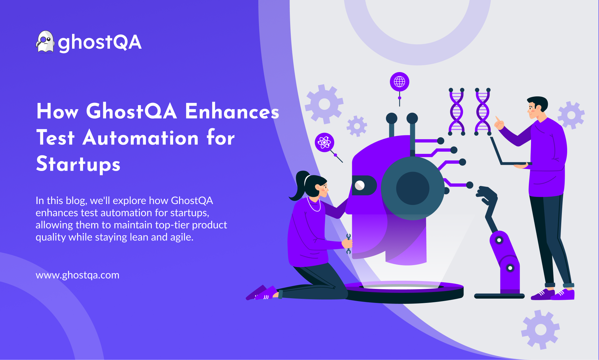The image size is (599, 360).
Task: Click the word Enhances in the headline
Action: (x=232, y=111)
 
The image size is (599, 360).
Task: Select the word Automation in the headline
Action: (x=141, y=138)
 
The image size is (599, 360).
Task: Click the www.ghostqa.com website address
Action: (x=77, y=275)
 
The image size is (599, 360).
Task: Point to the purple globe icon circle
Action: (x=399, y=82)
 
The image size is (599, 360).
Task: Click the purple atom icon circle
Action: (x=324, y=143)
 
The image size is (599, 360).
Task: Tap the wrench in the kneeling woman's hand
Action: (x=348, y=244)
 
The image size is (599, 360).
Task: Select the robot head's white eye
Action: (x=360, y=185)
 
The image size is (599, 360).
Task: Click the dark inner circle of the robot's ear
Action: (x=412, y=188)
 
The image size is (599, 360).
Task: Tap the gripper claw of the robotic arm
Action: (x=486, y=195)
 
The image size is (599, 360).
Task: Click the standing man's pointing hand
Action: (x=499, y=124)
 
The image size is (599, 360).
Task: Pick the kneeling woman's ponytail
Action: (x=298, y=186)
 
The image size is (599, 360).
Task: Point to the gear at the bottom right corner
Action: (x=540, y=329)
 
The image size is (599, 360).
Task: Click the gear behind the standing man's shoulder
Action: (x=571, y=115)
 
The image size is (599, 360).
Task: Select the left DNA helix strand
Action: (x=456, y=112)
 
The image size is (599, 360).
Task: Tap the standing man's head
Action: (x=537, y=107)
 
